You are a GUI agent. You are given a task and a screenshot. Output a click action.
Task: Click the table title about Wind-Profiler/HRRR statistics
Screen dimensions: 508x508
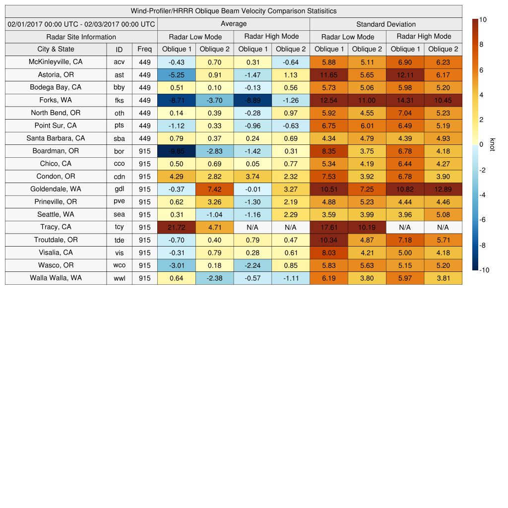click(x=234, y=11)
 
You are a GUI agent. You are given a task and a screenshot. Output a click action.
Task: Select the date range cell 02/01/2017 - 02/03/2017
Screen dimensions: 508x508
click(x=81, y=24)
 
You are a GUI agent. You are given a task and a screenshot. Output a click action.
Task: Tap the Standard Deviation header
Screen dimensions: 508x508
click(x=386, y=24)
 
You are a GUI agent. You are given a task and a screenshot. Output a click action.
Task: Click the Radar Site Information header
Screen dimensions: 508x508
click(x=81, y=37)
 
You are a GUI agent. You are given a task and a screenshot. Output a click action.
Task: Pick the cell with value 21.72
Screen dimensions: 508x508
click(x=177, y=227)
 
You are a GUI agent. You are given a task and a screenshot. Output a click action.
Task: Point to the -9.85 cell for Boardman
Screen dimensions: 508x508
click(x=177, y=151)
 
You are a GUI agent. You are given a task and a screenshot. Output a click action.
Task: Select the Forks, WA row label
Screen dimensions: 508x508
click(x=56, y=100)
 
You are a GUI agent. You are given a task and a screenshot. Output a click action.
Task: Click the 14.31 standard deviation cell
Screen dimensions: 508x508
click(x=405, y=100)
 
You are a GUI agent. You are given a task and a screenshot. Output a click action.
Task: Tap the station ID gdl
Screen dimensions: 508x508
click(x=119, y=189)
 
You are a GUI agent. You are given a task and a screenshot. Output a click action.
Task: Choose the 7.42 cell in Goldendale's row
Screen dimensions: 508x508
click(x=214, y=189)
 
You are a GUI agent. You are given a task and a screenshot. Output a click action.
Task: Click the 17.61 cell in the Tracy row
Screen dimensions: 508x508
click(x=329, y=227)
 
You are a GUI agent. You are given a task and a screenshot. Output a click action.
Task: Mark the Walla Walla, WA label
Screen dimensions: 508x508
click(x=56, y=278)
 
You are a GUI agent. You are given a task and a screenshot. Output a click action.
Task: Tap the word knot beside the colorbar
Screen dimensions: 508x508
click(x=492, y=144)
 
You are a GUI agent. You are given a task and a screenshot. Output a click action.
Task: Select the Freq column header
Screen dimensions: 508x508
click(x=144, y=49)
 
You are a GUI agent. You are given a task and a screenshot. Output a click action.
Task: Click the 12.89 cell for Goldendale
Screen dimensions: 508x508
click(x=443, y=189)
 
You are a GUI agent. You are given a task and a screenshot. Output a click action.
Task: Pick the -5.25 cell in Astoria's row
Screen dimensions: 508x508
click(x=177, y=75)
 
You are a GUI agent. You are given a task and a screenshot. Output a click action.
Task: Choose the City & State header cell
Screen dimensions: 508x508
click(x=56, y=49)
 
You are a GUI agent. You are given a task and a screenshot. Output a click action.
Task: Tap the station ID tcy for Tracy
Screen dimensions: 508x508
click(x=119, y=227)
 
